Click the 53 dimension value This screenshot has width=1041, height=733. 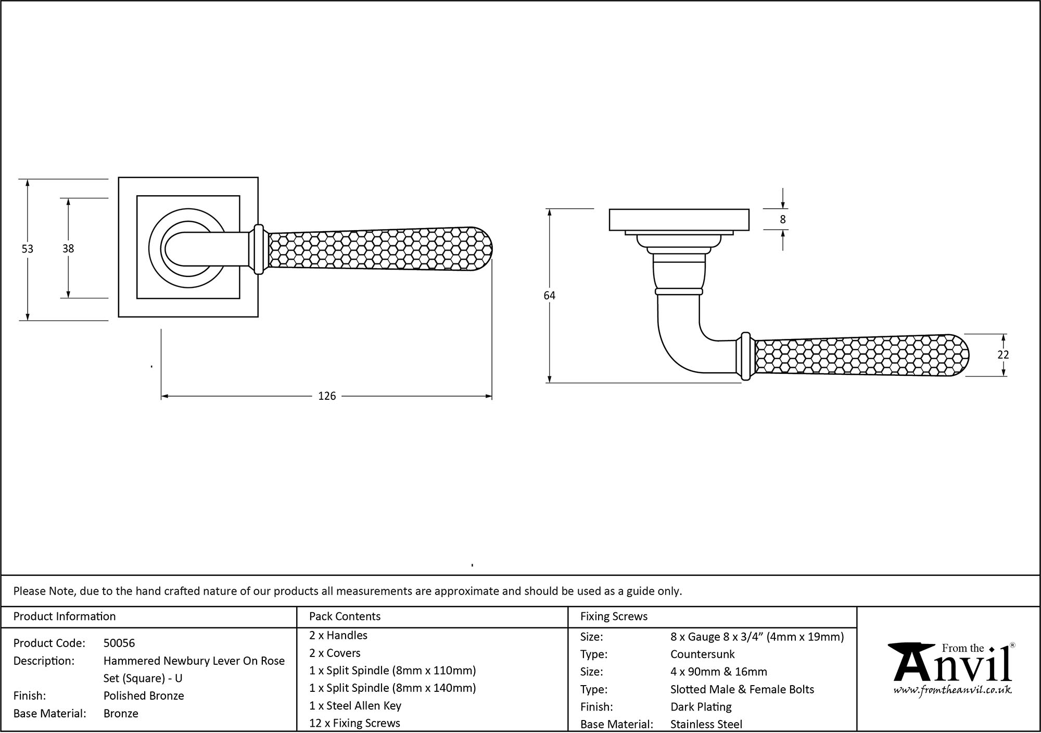tap(27, 249)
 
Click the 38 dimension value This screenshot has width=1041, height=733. tap(68, 249)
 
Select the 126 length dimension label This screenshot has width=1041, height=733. tap(327, 396)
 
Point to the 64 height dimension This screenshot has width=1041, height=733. tap(549, 295)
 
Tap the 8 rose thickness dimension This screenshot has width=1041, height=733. tap(783, 220)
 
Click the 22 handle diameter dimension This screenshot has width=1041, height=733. tap(1003, 355)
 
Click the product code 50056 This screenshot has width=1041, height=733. tap(119, 643)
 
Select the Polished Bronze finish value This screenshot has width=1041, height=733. tap(144, 696)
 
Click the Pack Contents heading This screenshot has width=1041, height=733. tap(345, 616)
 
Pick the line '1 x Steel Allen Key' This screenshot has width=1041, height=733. tap(355, 705)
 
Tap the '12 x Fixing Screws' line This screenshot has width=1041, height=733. tap(354, 723)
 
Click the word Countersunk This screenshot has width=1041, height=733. tap(702, 654)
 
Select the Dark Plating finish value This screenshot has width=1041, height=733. tap(701, 707)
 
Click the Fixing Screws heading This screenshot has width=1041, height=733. tap(614, 616)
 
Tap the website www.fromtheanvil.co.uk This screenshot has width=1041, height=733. tap(952, 690)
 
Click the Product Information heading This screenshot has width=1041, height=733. tap(65, 616)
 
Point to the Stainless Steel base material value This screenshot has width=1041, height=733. tap(706, 724)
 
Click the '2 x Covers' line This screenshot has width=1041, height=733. tap(335, 653)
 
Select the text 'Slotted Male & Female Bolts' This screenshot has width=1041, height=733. tap(742, 689)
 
